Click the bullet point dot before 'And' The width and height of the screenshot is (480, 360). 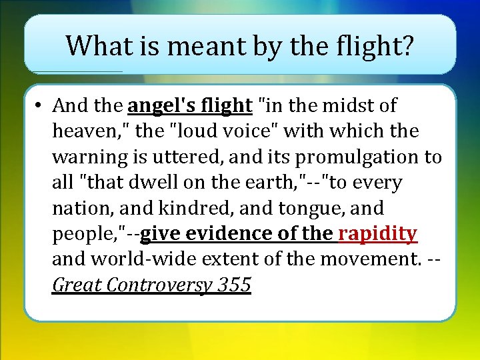(x=40, y=105)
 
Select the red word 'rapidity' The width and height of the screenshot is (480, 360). (x=378, y=234)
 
